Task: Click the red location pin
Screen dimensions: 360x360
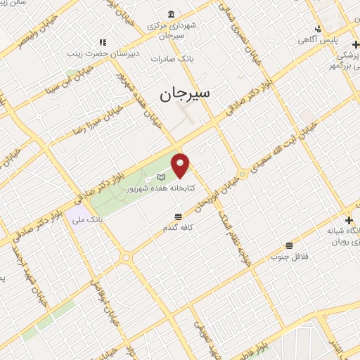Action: click(181, 165)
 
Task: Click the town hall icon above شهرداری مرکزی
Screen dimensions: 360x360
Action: click(172, 14)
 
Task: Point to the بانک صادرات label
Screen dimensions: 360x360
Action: click(175, 59)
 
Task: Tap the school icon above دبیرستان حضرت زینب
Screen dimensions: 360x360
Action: click(103, 42)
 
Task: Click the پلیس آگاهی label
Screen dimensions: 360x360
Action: click(317, 40)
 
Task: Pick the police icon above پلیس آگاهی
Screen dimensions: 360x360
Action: click(318, 29)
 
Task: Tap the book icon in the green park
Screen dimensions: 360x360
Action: click(161, 176)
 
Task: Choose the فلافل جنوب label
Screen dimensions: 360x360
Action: click(289, 257)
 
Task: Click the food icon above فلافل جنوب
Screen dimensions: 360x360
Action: click(289, 245)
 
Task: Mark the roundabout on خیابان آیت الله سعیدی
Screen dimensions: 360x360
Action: click(243, 173)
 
